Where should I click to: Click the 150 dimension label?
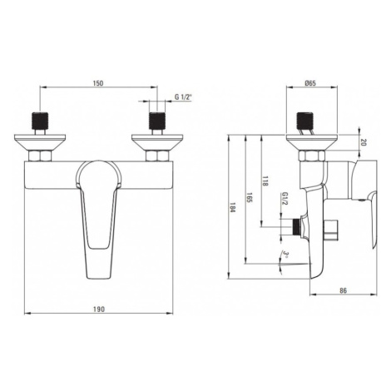pos(99,83)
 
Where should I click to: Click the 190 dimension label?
pos(99,309)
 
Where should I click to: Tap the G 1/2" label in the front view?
pos(183,97)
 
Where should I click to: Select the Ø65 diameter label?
pos(310,83)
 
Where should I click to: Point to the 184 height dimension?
pos(232,207)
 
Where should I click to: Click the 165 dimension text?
pos(249,197)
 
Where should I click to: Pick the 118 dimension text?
pos(265,181)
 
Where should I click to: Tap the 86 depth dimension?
pos(343,290)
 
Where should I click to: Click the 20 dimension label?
pos(364,142)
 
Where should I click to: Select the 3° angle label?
pos(285,253)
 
